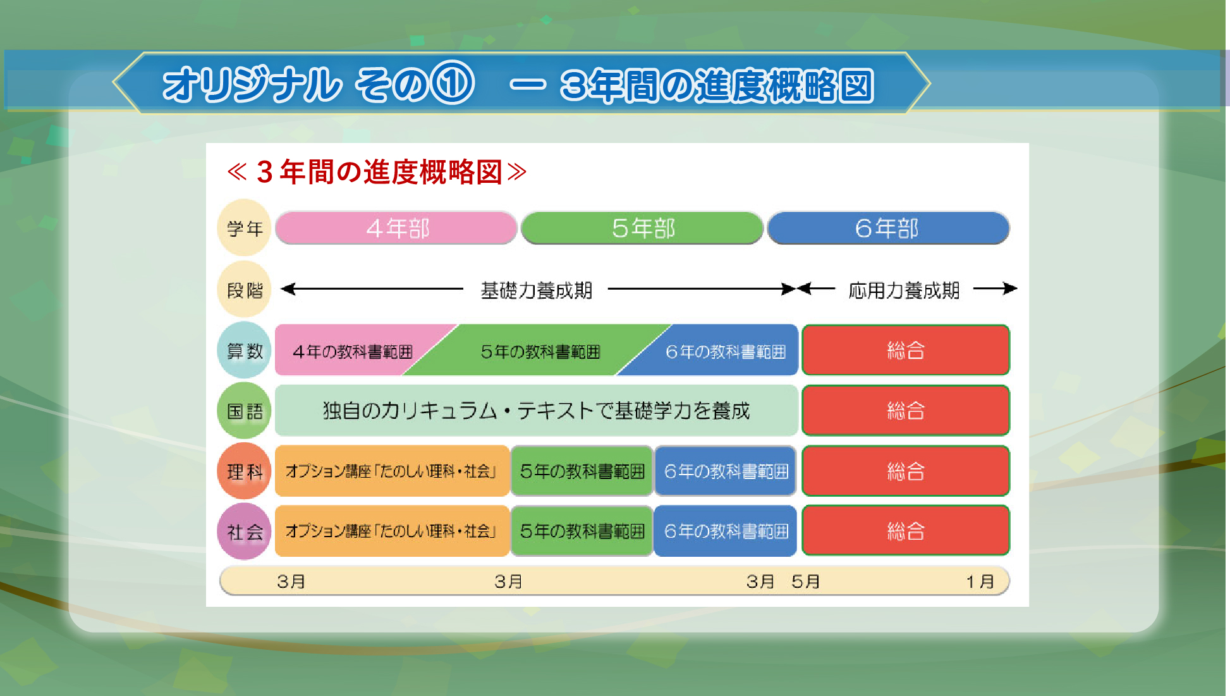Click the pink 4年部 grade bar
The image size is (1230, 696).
396,228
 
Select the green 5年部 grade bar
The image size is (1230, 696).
642,228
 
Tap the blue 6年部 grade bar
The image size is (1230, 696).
888,228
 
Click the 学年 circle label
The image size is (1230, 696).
245,228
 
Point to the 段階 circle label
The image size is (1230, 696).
245,289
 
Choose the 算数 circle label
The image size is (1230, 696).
245,350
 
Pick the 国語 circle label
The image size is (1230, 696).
245,411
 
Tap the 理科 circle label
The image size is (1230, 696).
245,471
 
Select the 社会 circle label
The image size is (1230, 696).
245,531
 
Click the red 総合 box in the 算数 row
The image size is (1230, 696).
906,350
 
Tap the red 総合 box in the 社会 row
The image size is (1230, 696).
906,530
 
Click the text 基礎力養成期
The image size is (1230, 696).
537,290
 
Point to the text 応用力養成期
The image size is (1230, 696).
904,290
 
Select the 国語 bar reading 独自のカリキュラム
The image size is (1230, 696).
536,411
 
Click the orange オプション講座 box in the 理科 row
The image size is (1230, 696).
393,471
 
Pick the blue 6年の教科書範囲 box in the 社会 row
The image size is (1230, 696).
726,531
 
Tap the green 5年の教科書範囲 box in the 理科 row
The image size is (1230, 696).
582,471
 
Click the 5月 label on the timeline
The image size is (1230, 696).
805,581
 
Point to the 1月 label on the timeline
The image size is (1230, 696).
980,581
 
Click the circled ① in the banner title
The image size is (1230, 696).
453,83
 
